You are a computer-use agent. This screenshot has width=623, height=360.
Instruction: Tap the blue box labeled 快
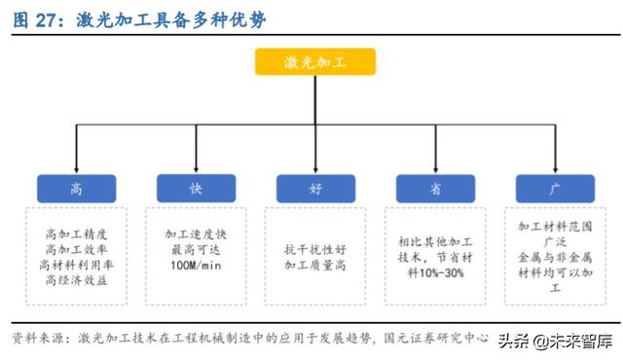tap(195, 188)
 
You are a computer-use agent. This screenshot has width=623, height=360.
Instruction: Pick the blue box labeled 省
tap(432, 188)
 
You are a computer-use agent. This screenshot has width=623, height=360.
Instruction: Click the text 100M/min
tap(195, 266)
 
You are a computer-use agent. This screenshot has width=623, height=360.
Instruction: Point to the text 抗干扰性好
tap(314, 249)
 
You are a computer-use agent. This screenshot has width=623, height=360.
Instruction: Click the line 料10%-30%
tap(431, 272)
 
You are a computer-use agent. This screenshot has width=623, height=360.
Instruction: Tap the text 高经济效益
tap(76, 281)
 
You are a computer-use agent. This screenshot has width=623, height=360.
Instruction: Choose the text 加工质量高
tap(314, 265)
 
